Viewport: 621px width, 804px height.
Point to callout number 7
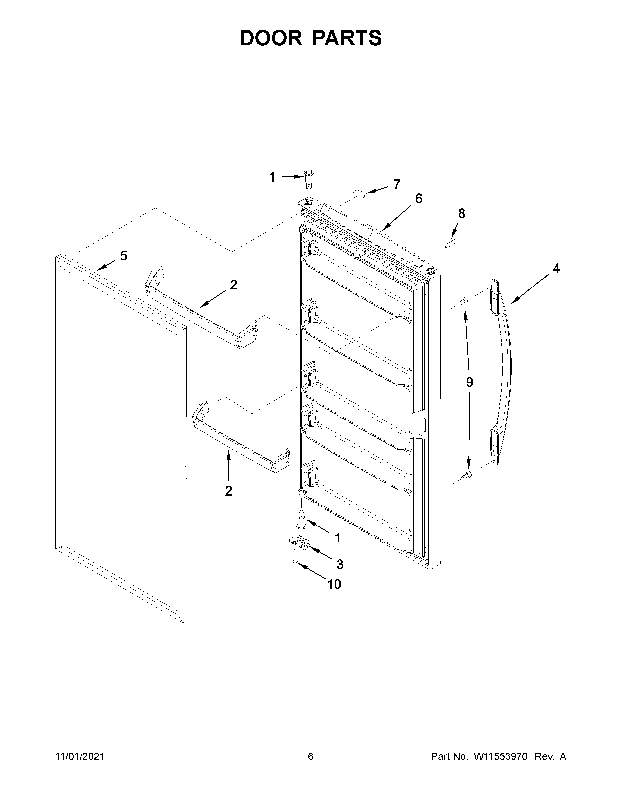pos(396,184)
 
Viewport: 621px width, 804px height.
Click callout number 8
pos(461,213)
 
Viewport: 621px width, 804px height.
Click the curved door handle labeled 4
pos(503,372)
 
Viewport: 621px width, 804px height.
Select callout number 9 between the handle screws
pos(470,382)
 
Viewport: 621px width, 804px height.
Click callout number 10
pos(334,584)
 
